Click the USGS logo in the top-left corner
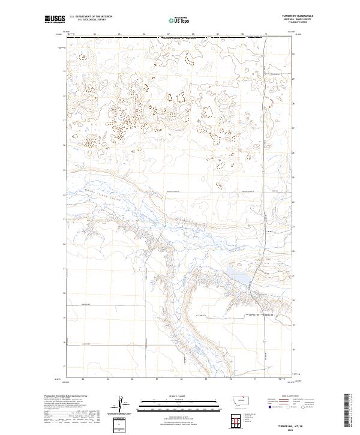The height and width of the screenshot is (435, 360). pos(54,19)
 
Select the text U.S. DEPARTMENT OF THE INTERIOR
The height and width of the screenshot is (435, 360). pos(91,17)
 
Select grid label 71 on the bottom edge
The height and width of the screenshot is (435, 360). pos(255,379)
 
